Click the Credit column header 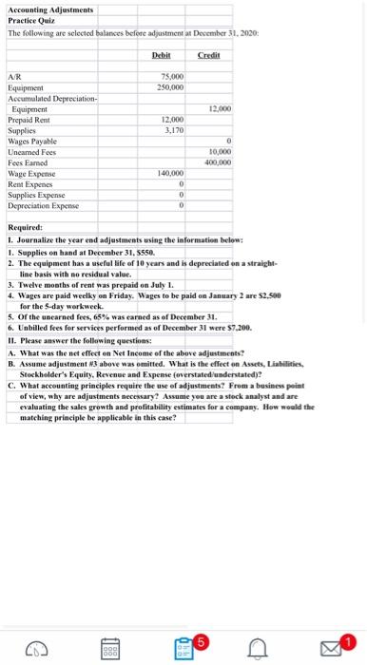pyautogui.click(x=207, y=56)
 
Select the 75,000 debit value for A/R pyautogui.click(x=172, y=77)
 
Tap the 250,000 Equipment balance pyautogui.click(x=170, y=86)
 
